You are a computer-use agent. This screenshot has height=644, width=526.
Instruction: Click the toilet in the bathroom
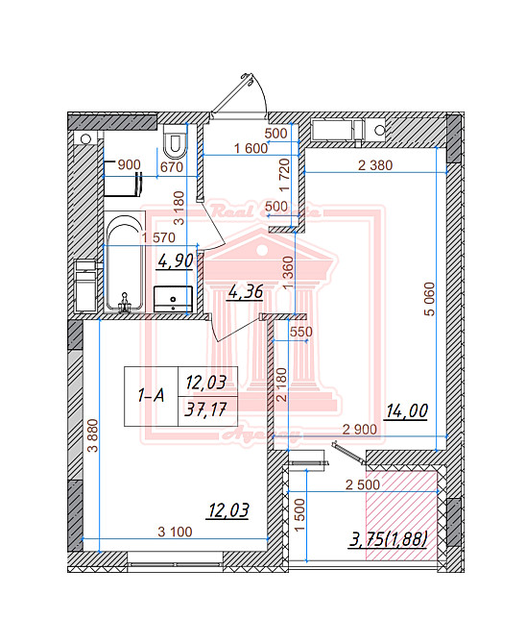(x=174, y=143)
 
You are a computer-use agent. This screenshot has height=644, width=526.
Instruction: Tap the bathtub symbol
(x=122, y=262)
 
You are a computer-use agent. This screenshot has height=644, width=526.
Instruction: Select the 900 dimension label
(x=128, y=165)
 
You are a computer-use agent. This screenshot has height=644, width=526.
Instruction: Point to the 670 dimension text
(x=171, y=165)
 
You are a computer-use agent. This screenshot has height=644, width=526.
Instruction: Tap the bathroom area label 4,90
(x=177, y=259)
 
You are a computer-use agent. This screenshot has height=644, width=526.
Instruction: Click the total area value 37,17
(x=204, y=410)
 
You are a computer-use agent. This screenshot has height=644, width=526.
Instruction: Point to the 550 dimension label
(x=301, y=332)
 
